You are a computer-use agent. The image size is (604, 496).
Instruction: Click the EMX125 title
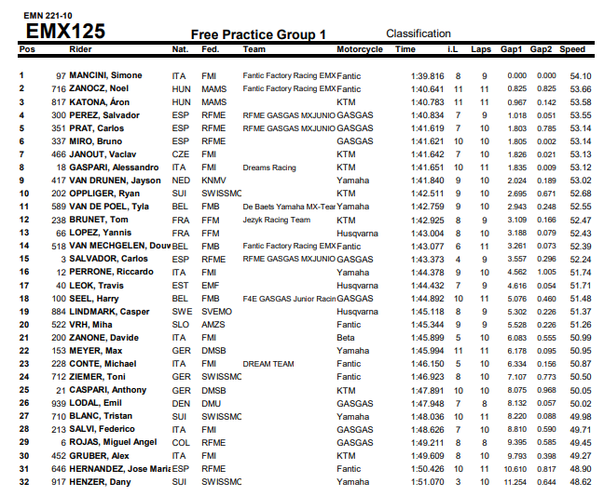coord(64,31)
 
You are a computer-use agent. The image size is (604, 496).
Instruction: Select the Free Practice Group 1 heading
coord(258,34)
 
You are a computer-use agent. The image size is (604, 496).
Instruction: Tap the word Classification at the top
coord(419,34)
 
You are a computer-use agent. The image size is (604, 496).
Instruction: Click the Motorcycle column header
coord(360,48)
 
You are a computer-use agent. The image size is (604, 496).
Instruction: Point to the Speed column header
coord(573,48)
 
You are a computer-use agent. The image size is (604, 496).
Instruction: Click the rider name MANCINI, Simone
coord(105,75)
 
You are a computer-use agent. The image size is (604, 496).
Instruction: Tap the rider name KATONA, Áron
coord(100,101)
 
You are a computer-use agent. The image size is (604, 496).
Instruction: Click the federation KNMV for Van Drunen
coord(213,181)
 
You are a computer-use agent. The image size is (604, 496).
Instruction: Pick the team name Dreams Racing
coord(270,168)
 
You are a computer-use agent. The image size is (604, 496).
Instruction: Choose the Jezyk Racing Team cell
coord(275,220)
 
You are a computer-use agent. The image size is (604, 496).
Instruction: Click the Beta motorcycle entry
coord(346,337)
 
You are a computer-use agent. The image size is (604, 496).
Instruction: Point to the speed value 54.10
coord(580,75)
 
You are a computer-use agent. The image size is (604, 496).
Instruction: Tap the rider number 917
coord(59,482)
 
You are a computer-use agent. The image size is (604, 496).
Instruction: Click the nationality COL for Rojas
coord(181,443)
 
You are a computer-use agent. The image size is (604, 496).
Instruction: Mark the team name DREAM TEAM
coord(269,363)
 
